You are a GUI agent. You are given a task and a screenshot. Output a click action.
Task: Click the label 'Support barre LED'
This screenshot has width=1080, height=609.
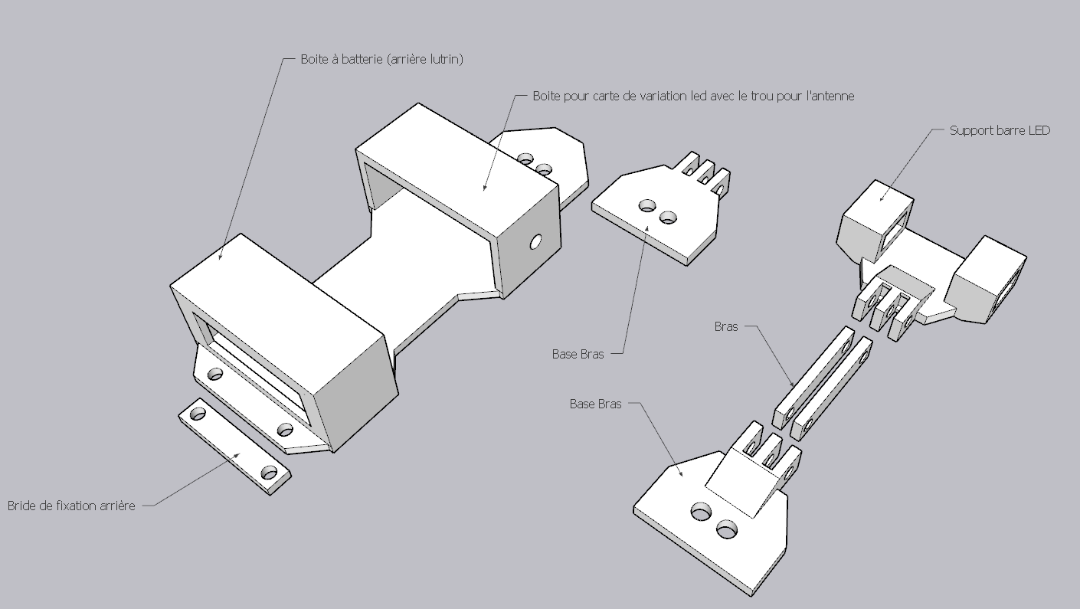(1000, 130)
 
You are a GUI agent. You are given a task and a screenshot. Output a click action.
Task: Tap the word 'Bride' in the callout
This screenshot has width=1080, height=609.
(22, 506)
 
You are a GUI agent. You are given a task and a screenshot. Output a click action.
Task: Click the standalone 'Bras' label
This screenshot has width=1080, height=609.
(726, 326)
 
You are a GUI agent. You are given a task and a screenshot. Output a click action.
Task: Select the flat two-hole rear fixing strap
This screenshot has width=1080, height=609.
(235, 447)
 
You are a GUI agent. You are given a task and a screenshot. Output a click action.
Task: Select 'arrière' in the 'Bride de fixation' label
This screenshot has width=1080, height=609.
(117, 506)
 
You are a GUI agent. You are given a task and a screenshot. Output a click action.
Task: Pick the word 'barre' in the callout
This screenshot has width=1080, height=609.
(1008, 130)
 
